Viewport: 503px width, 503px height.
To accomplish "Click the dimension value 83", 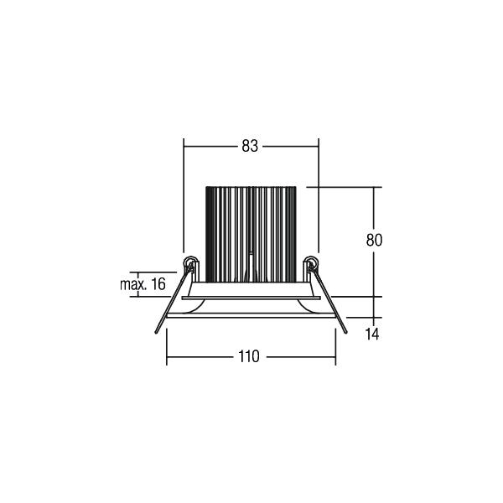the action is [250, 146].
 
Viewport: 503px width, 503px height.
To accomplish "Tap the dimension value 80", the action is [374, 240].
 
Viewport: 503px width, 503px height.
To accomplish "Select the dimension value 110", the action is [249, 356].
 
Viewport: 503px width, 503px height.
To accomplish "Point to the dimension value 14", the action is [372, 334].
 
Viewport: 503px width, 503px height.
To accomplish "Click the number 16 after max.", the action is [158, 284].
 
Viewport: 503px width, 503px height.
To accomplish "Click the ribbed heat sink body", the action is [251, 235].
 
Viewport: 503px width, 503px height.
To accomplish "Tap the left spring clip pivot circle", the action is [190, 262].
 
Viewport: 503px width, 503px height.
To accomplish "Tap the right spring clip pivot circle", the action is [311, 262].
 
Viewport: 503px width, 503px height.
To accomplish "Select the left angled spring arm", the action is [173, 298].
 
